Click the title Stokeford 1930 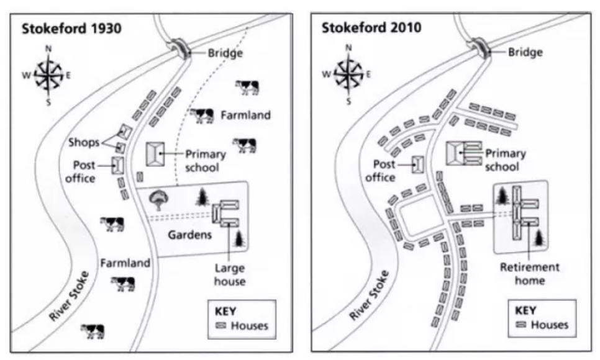71,29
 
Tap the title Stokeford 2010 371,28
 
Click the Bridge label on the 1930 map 225,53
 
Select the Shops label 84,142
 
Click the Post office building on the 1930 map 118,166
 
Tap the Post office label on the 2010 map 380,171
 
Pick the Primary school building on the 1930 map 155,154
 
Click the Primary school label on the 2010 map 506,160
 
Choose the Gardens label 190,235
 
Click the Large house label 230,275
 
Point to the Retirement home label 530,274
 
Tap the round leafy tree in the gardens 159,200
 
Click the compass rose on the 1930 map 48,75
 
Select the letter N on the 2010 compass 348,47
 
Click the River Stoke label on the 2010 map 370,295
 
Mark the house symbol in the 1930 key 221,326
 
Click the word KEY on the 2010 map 525,310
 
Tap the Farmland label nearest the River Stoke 125,263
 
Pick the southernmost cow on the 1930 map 93,331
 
